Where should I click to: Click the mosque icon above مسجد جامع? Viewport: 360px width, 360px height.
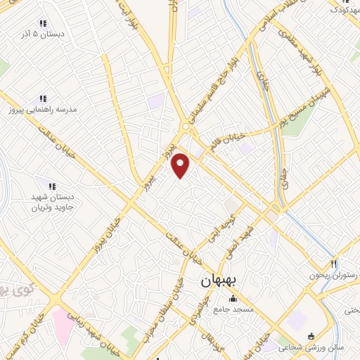point(233,299)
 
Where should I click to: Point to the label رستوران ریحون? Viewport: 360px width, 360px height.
point(334,275)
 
